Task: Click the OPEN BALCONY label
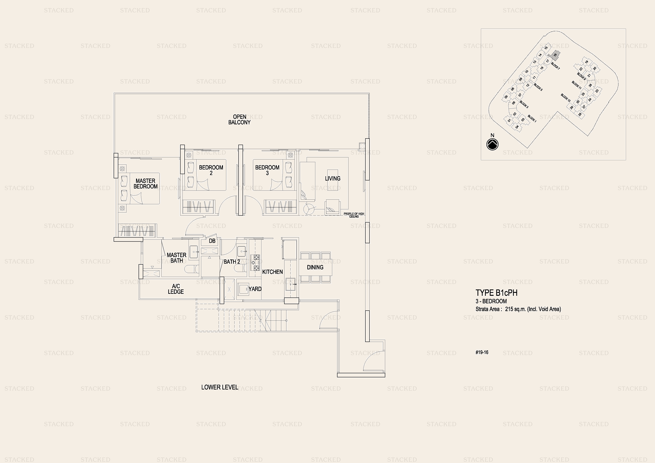point(239,120)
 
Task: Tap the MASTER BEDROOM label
point(145,184)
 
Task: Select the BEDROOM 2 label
point(211,170)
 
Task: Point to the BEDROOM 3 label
point(267,170)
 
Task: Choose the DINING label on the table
point(315,267)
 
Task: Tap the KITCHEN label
point(272,272)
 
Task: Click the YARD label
point(255,289)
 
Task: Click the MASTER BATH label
point(177,258)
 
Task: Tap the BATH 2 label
point(232,262)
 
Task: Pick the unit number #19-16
point(482,352)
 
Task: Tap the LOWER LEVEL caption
point(220,387)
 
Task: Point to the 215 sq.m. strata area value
point(515,309)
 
